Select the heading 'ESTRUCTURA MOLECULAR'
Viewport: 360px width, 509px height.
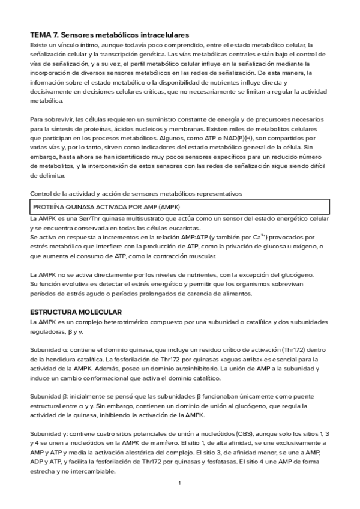(x=76, y=312)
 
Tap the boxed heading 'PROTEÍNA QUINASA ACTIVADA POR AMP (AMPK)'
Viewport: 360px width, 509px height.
(x=106, y=206)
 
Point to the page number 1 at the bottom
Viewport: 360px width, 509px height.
(x=179, y=483)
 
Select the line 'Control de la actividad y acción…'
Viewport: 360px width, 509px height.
(x=136, y=193)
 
